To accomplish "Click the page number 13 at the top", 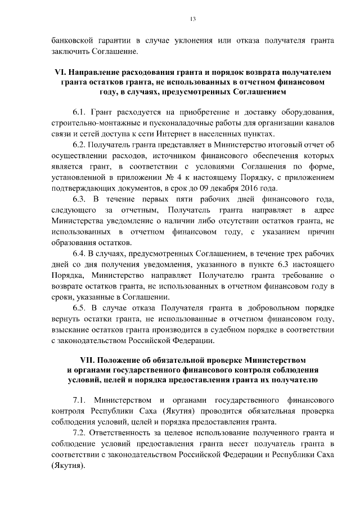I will pos(192,19).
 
